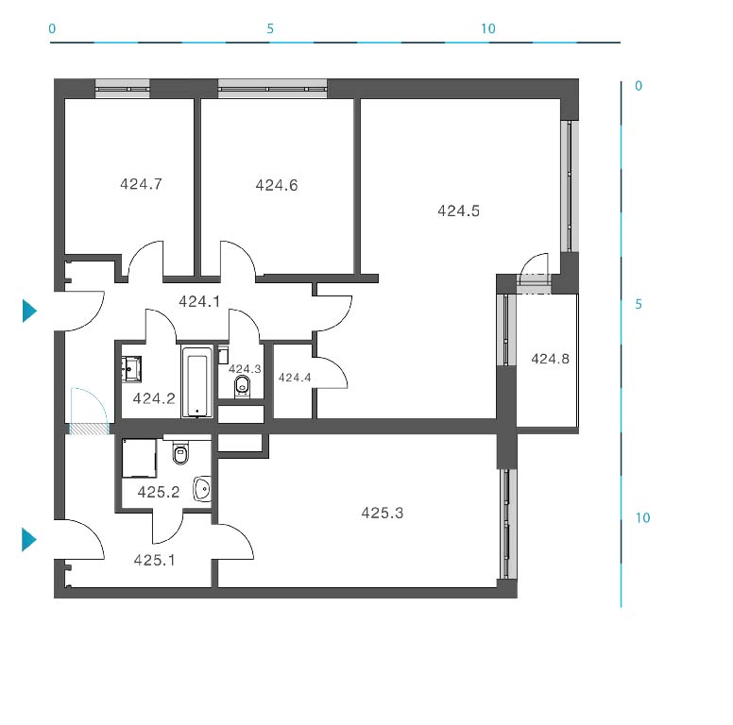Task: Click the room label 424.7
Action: (141, 184)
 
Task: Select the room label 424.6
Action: (277, 185)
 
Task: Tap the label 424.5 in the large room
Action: (458, 211)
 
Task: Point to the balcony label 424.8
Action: (550, 359)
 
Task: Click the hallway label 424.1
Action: (199, 302)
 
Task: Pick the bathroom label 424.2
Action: (154, 398)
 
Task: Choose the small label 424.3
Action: (245, 369)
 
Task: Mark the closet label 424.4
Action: (295, 378)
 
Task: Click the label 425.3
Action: (382, 513)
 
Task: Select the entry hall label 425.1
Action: (154, 560)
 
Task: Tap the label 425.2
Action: (159, 492)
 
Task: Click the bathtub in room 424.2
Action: (196, 382)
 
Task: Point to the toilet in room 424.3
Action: (242, 386)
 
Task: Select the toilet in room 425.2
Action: (180, 452)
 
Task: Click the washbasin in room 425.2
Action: (202, 489)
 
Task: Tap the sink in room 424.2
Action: (132, 369)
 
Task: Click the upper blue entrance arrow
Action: (29, 311)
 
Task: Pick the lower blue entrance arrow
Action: (29, 540)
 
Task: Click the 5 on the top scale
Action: (270, 29)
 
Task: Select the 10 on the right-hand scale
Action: (642, 517)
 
